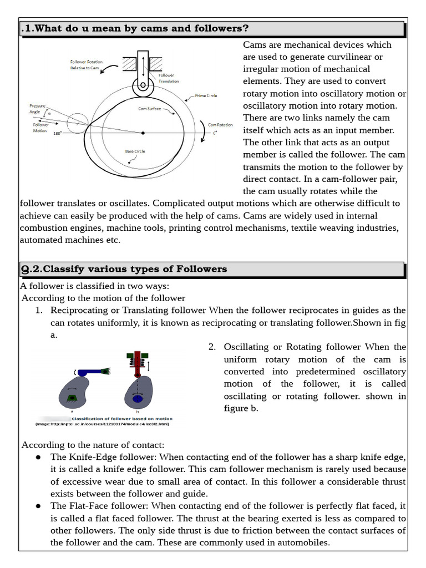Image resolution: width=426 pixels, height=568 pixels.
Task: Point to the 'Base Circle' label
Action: [136, 151]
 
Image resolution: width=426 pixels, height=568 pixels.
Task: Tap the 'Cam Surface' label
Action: [149, 109]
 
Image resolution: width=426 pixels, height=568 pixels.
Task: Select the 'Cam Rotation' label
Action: [220, 125]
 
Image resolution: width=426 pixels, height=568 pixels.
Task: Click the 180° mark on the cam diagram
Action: [58, 134]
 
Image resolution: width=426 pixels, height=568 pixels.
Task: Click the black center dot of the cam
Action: [143, 133]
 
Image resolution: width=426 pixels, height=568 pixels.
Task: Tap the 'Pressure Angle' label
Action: [38, 108]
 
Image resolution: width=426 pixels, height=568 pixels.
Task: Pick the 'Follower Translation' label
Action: [169, 78]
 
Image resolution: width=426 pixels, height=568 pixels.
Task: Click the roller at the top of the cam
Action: [143, 87]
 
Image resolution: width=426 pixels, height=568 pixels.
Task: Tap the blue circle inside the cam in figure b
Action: [136, 398]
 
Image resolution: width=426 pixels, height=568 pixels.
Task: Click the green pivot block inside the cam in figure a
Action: [71, 398]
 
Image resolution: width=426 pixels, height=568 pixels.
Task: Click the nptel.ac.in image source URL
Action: [102, 424]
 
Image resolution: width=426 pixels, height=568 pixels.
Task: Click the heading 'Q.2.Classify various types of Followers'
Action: [124, 270]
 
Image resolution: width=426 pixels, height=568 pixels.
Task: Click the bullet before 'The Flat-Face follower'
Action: [38, 506]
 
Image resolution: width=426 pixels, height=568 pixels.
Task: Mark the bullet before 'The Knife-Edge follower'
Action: [38, 457]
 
